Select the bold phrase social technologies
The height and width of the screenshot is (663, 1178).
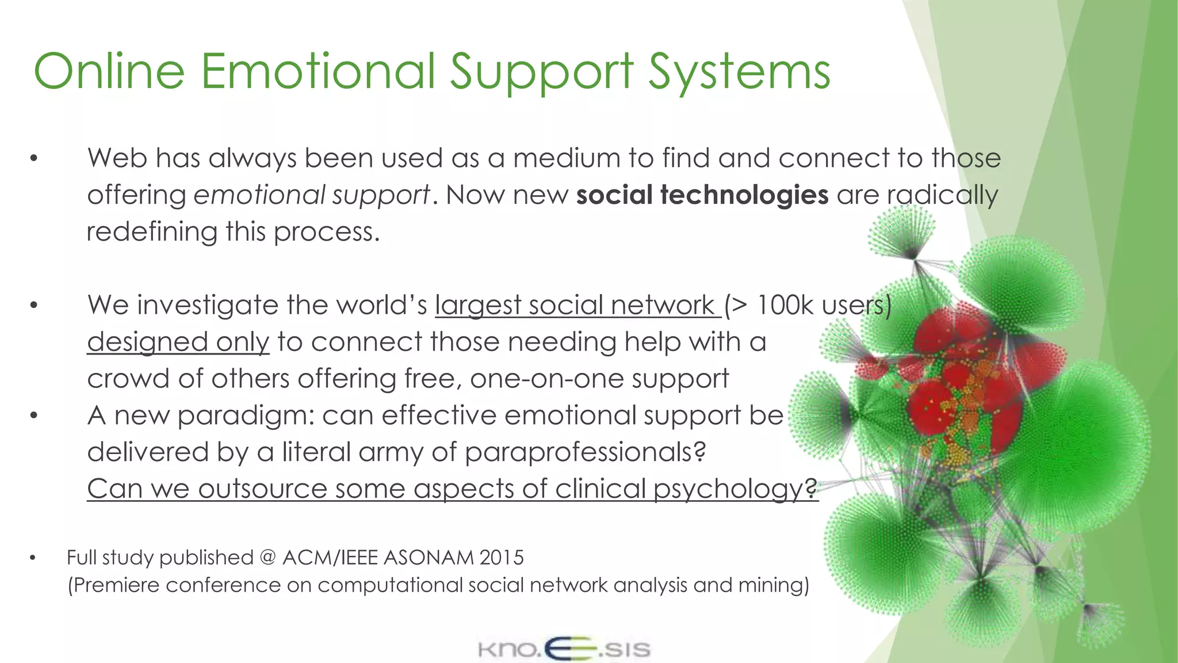tap(702, 195)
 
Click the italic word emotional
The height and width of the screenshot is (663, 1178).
tap(259, 195)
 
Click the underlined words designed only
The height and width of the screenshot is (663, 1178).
tap(178, 342)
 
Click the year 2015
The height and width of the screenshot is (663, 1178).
tap(502, 558)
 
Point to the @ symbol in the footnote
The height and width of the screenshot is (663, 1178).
tap(267, 558)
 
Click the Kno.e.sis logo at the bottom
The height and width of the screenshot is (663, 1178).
tap(564, 649)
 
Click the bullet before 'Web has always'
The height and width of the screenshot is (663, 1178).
tap(34, 158)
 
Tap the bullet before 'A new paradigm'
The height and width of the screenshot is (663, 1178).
tap(34, 416)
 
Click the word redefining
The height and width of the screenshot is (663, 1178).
tap(151, 232)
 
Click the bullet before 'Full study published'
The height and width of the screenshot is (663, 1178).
tap(33, 558)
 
